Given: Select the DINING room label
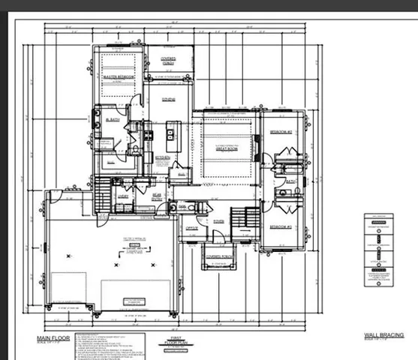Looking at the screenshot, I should click(168, 99).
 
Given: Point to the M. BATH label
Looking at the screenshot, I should click(113, 120).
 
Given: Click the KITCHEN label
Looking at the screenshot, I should click(163, 157).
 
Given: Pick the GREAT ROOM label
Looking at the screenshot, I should click(227, 148).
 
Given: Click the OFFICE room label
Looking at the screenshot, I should click(191, 227).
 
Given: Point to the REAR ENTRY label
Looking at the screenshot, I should click(158, 197).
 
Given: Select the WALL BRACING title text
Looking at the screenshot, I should click(383, 334).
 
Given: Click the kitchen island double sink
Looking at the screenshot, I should click(172, 135).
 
